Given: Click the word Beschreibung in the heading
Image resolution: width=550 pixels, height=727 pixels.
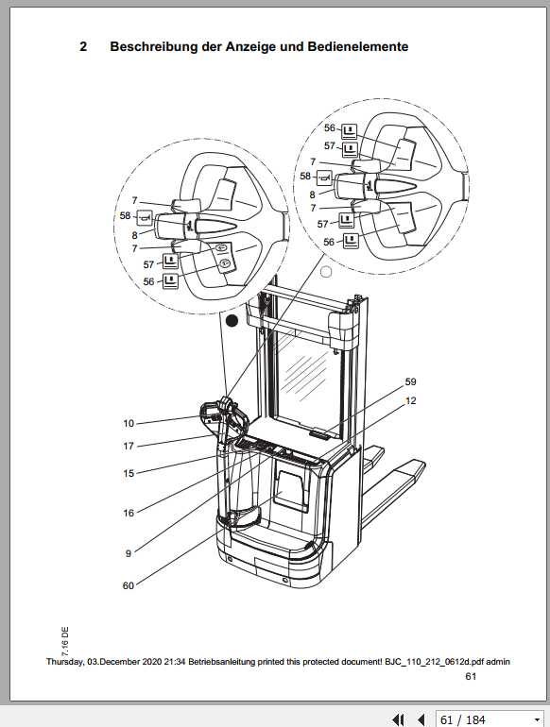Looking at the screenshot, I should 155,46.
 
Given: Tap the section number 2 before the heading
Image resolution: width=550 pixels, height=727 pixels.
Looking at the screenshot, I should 83,46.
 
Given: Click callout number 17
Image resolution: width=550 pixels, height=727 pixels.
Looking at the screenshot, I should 129,446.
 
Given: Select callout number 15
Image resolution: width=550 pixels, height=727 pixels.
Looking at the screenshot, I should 129,473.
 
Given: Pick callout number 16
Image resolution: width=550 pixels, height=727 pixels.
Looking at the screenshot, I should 129,513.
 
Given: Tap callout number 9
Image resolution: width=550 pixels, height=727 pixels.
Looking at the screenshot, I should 129,551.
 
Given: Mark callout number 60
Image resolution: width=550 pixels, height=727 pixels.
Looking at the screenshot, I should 129,585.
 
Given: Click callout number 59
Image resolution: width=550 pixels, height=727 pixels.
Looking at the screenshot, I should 410,382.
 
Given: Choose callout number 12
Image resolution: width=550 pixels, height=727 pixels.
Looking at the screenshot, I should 410,400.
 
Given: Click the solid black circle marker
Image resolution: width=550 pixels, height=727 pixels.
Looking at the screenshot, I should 232,321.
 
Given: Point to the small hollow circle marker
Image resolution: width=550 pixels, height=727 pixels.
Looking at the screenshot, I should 326,273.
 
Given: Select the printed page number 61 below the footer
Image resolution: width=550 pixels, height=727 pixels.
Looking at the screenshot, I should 471,677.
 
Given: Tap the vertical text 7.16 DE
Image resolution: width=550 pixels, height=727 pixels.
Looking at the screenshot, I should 65,640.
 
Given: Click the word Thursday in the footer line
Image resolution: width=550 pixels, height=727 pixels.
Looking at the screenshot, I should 67,661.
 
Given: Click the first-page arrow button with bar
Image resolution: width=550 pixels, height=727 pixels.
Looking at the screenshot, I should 399,719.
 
